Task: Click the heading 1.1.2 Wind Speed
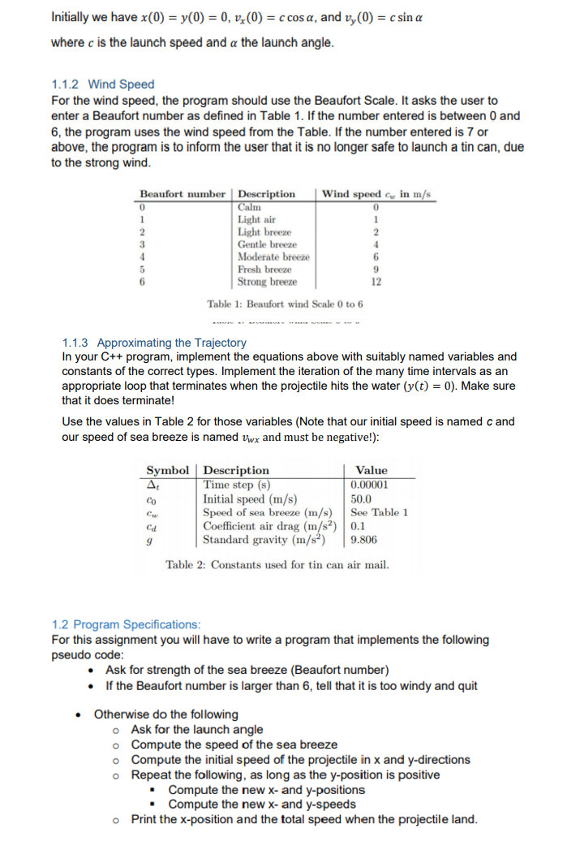click(x=102, y=84)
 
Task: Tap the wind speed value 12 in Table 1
click(x=376, y=282)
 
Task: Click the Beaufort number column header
click(x=183, y=194)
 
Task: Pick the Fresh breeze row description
click(x=264, y=270)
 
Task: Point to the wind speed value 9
click(x=376, y=270)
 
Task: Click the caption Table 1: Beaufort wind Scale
click(x=285, y=304)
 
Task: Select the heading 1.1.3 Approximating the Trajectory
click(x=154, y=343)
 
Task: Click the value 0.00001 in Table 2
click(x=369, y=485)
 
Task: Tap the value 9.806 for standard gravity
click(x=363, y=539)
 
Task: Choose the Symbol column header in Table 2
click(x=167, y=470)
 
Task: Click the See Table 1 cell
click(x=379, y=512)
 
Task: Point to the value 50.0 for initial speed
click(x=361, y=499)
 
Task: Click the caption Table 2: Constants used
click(x=277, y=565)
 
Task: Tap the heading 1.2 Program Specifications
click(x=126, y=624)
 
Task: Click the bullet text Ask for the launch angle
click(x=197, y=730)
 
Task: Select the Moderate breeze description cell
click(x=273, y=257)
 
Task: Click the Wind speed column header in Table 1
click(x=377, y=194)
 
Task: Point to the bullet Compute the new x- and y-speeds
click(x=261, y=805)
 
